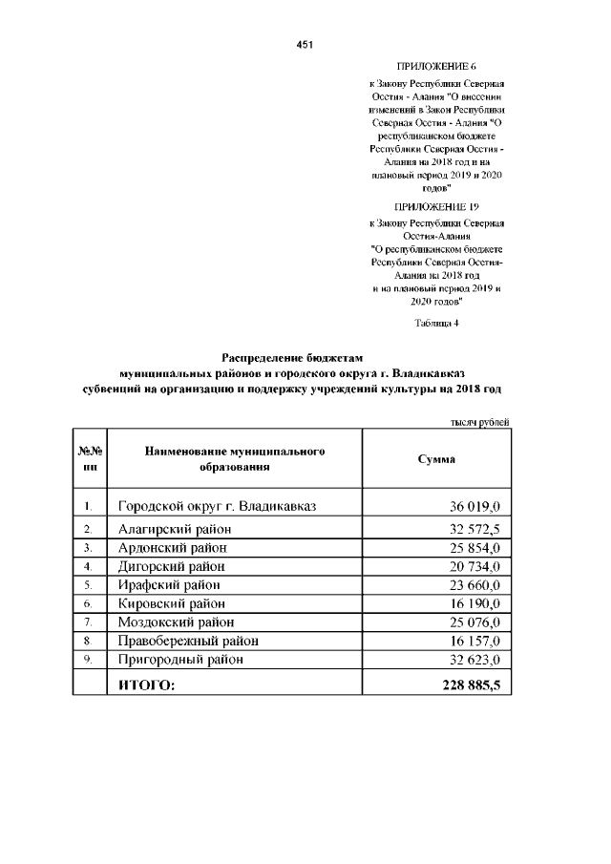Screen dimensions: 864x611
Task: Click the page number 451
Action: (x=305, y=45)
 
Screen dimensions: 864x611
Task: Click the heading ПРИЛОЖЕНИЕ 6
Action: (x=436, y=66)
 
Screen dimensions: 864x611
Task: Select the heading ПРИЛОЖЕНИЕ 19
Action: (x=436, y=206)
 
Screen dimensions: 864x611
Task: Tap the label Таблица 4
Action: (x=437, y=322)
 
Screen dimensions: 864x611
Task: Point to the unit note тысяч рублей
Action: (x=479, y=422)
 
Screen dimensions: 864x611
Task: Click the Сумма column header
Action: (x=436, y=459)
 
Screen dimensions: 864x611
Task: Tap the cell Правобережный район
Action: (x=188, y=641)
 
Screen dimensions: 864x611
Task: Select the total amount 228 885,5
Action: (x=472, y=685)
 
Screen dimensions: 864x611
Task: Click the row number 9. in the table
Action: (x=88, y=660)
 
